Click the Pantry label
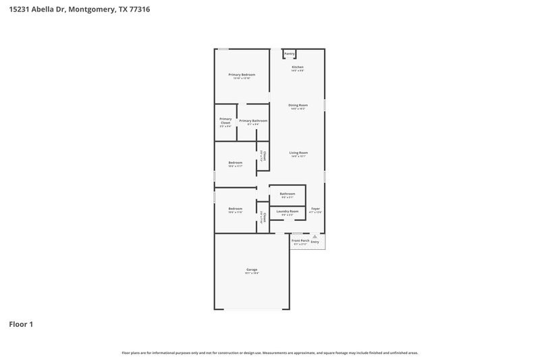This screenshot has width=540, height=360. coord(290,53)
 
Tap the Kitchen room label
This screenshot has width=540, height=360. coord(298,68)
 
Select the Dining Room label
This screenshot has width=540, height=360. coord(298,105)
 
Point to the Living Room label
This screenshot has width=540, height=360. coord(298,153)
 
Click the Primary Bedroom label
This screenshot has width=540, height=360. coord(242,74)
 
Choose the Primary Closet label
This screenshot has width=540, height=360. coord(225,121)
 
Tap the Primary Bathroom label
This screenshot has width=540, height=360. coord(253,121)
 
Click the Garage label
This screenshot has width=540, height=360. coord(251,269)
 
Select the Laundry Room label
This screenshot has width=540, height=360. coord(288,211)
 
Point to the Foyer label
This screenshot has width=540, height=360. coord(315,209)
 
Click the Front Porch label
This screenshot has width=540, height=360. coord(300,240)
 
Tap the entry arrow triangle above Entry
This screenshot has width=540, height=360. coord(315,236)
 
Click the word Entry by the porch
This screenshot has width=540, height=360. coord(315,241)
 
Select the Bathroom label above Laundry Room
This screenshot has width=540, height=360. coord(288,194)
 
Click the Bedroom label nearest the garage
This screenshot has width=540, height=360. coord(235,209)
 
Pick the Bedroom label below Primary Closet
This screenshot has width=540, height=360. coord(235,162)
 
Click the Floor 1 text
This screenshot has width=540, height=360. coord(21,324)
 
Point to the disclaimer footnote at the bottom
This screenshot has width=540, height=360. coord(270,353)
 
